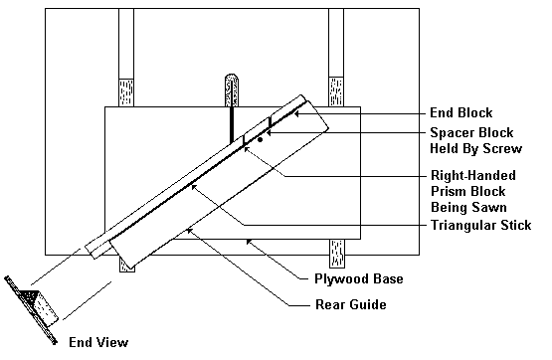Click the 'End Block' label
tap(461, 113)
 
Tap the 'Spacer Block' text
tap(471, 132)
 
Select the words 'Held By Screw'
tap(476, 148)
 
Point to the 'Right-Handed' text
tap(473, 175)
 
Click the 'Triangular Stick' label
tap(481, 225)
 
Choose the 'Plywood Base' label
tap(359, 278)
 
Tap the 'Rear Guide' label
tap(351, 304)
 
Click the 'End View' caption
tap(98, 342)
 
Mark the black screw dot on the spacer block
tap(261, 139)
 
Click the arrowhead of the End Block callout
tap(296, 113)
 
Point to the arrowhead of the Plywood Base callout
tap(249, 242)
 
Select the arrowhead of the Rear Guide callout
tap(189, 231)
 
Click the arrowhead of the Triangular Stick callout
tap(194, 186)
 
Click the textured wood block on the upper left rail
tap(126, 92)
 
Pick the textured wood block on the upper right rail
tap(336, 91)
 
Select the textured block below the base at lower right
tap(337, 254)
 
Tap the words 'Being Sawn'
tap(468, 207)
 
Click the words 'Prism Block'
tap(468, 191)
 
